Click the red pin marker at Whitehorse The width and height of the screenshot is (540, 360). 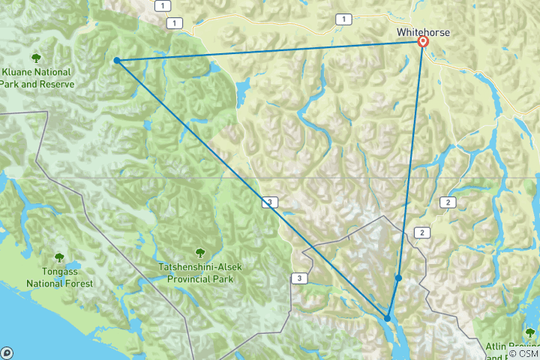[423, 42]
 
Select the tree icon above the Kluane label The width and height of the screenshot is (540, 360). [35, 58]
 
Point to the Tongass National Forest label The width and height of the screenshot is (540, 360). [60, 278]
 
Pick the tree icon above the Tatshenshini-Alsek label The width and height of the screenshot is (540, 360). [200, 253]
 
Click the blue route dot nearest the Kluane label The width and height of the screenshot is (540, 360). [117, 60]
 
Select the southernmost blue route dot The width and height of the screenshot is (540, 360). [387, 319]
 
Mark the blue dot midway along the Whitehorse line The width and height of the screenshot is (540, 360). [399, 278]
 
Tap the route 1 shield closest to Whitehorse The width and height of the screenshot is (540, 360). [343, 19]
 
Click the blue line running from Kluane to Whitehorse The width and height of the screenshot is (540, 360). [270, 51]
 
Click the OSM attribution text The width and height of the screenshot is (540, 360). [527, 353]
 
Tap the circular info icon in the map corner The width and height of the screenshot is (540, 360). [7, 352]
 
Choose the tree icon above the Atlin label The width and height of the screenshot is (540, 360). [530, 332]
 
